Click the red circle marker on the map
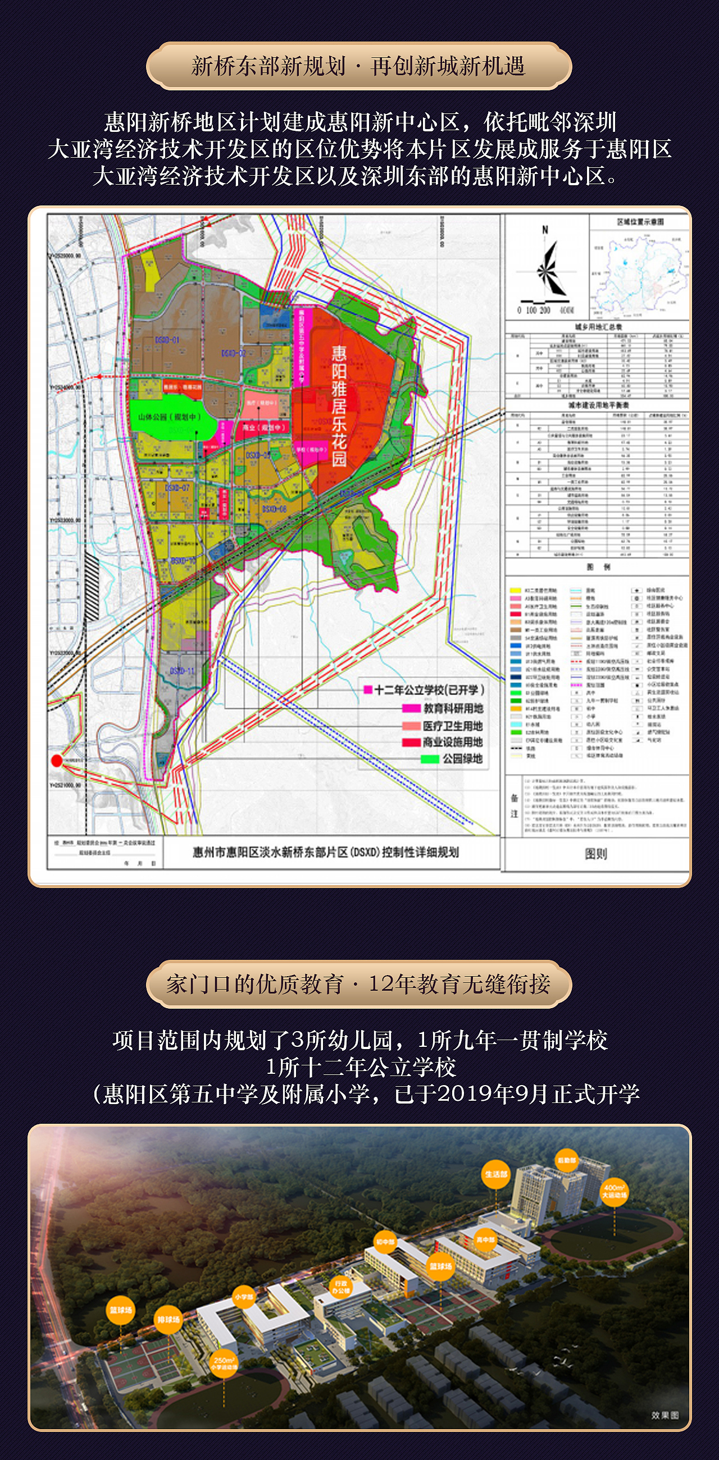[56, 761]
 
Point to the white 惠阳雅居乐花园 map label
[339, 406]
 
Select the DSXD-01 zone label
[167, 340]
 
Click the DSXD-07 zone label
[177, 487]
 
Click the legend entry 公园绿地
[462, 759]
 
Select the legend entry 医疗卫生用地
[452, 726]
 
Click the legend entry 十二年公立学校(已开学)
[429, 690]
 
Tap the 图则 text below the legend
[595, 854]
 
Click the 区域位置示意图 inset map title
[640, 222]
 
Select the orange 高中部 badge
[485, 1240]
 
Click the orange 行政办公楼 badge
[341, 1287]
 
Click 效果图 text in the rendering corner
[665, 1415]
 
